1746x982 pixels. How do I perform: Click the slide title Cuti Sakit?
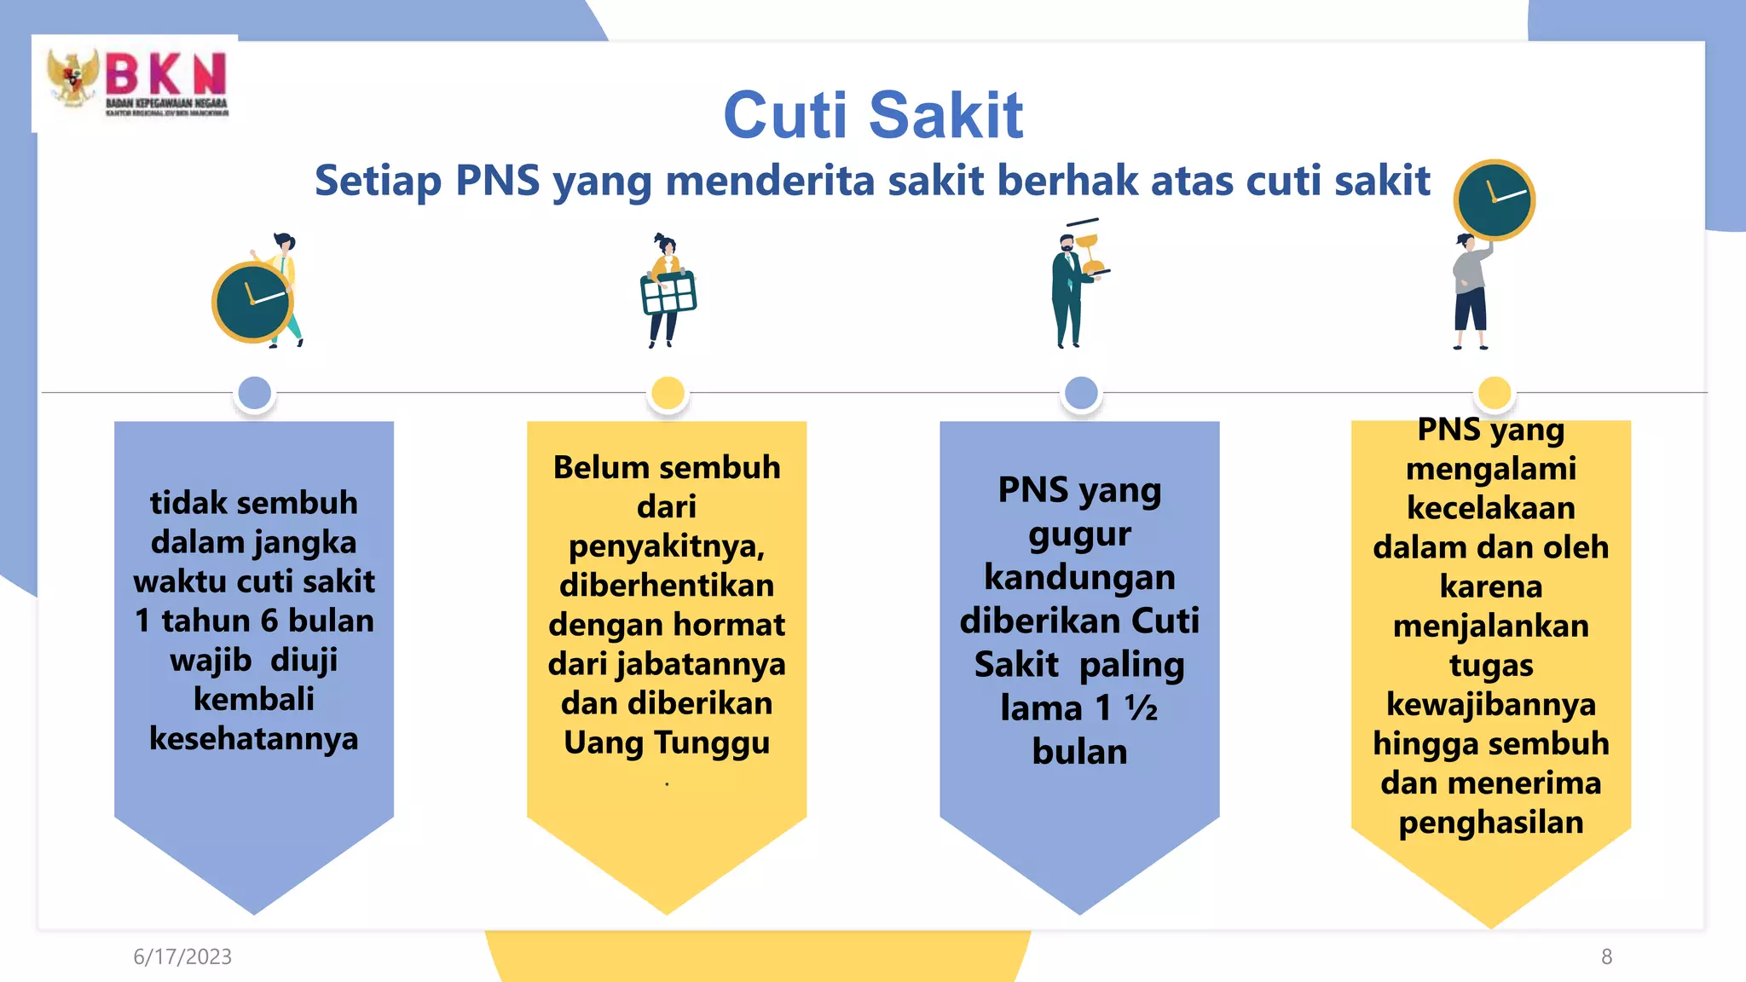pyautogui.click(x=872, y=115)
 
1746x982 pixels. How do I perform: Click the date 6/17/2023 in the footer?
pyautogui.click(x=182, y=956)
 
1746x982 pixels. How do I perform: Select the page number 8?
pyautogui.click(x=1606, y=956)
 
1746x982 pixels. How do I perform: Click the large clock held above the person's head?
pyautogui.click(x=1494, y=200)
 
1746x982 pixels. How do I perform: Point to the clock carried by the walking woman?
pyautogui.click(x=251, y=303)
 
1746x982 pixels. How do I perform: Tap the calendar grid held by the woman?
pyautogui.click(x=668, y=293)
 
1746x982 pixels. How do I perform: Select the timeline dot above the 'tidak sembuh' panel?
pyautogui.click(x=255, y=393)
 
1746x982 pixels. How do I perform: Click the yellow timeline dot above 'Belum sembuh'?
pyautogui.click(x=668, y=393)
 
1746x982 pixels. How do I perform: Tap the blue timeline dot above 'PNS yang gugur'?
pyautogui.click(x=1081, y=393)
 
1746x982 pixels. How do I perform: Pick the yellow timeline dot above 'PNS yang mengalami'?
pyautogui.click(x=1494, y=393)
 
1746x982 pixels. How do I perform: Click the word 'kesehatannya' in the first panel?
pyautogui.click(x=254, y=738)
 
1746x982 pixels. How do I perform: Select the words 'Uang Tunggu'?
pyautogui.click(x=667, y=742)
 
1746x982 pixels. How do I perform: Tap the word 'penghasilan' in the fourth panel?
pyautogui.click(x=1491, y=823)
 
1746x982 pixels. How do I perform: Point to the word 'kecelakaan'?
pyautogui.click(x=1491, y=508)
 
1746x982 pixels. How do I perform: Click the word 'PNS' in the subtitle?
pyautogui.click(x=498, y=181)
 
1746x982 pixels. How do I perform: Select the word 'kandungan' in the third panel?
pyautogui.click(x=1079, y=577)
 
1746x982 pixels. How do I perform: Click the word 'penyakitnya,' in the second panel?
pyautogui.click(x=667, y=546)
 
